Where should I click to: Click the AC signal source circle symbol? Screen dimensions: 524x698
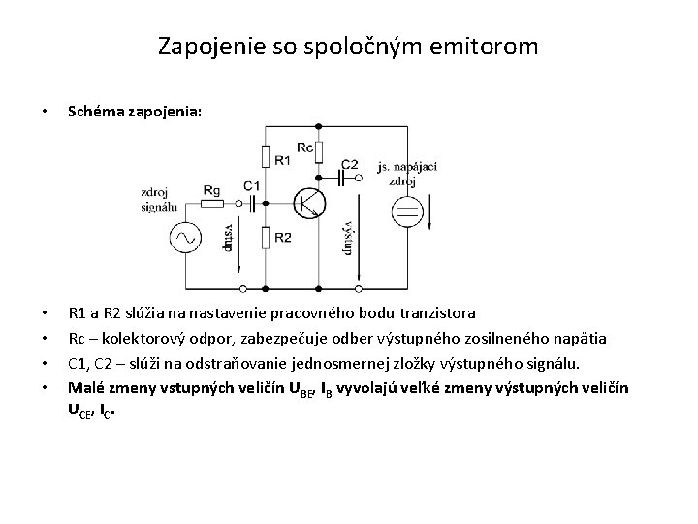(x=185, y=238)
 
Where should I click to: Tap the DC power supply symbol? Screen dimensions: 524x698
(x=408, y=211)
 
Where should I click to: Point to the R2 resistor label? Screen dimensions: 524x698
(x=282, y=238)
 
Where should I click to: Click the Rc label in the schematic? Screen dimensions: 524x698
(x=304, y=147)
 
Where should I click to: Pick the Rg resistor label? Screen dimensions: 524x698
(x=212, y=189)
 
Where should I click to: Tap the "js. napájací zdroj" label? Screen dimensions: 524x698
(x=407, y=175)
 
